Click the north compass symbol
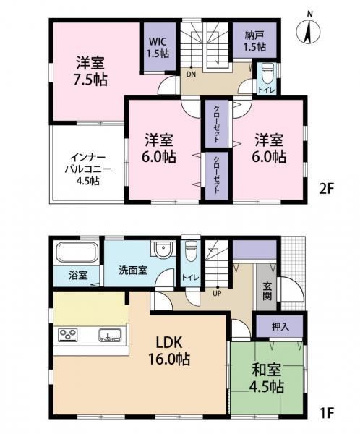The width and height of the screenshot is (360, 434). [308, 31]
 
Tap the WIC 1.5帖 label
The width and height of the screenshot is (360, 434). [158, 47]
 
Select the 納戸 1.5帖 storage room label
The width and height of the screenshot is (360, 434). [254, 41]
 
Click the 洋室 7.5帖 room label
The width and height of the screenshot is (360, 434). [90, 72]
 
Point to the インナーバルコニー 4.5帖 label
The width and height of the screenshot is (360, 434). [87, 169]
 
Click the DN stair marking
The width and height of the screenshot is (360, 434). [191, 75]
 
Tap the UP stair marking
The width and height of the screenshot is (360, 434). [217, 293]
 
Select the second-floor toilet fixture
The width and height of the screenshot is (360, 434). [267, 73]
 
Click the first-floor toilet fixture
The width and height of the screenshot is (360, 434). [191, 251]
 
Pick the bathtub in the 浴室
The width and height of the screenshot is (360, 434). [77, 252]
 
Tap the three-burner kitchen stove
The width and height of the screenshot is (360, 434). [67, 335]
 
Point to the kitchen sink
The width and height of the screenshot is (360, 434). [110, 335]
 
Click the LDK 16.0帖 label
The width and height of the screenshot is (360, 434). [168, 351]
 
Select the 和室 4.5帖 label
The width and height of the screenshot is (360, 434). [267, 378]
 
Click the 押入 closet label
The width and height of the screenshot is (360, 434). [280, 327]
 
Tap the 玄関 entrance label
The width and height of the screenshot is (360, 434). [267, 292]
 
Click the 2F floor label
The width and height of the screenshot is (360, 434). [327, 190]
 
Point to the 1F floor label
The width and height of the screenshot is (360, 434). [327, 413]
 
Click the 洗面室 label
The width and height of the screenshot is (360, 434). [133, 270]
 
